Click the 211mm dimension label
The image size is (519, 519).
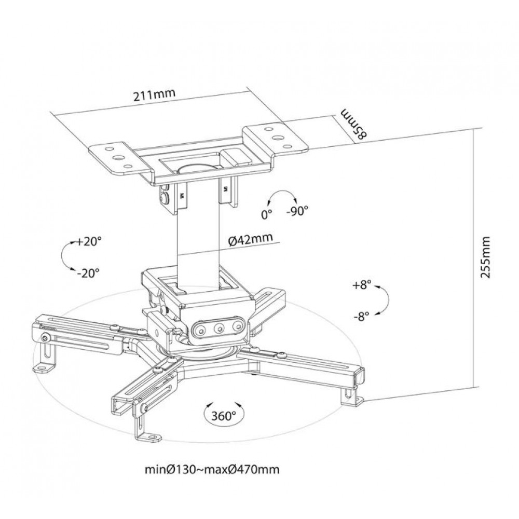tap(154, 95)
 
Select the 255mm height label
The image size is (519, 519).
tap(485, 257)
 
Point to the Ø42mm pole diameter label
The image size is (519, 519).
tap(251, 239)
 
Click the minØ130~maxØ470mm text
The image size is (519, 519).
tap(212, 469)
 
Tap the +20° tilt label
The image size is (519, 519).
tap(89, 242)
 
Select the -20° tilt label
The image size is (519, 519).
tap(88, 273)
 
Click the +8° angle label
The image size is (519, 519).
tap(362, 285)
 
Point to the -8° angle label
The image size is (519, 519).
tap(361, 317)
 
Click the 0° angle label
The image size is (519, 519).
tap(266, 214)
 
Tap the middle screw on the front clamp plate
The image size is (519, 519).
tap(218, 329)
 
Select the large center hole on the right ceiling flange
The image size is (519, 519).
tap(277, 136)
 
